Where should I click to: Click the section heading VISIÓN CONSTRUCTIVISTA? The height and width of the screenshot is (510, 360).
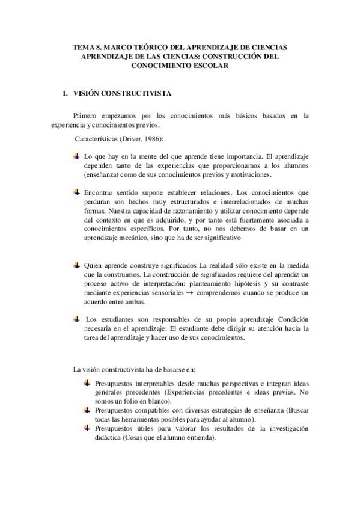pos(123,94)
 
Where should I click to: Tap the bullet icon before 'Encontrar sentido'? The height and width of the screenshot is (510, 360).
pos(76,192)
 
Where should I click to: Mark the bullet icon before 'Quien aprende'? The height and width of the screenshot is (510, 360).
pos(76,265)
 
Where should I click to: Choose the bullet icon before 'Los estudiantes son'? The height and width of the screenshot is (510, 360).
pos(76,318)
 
